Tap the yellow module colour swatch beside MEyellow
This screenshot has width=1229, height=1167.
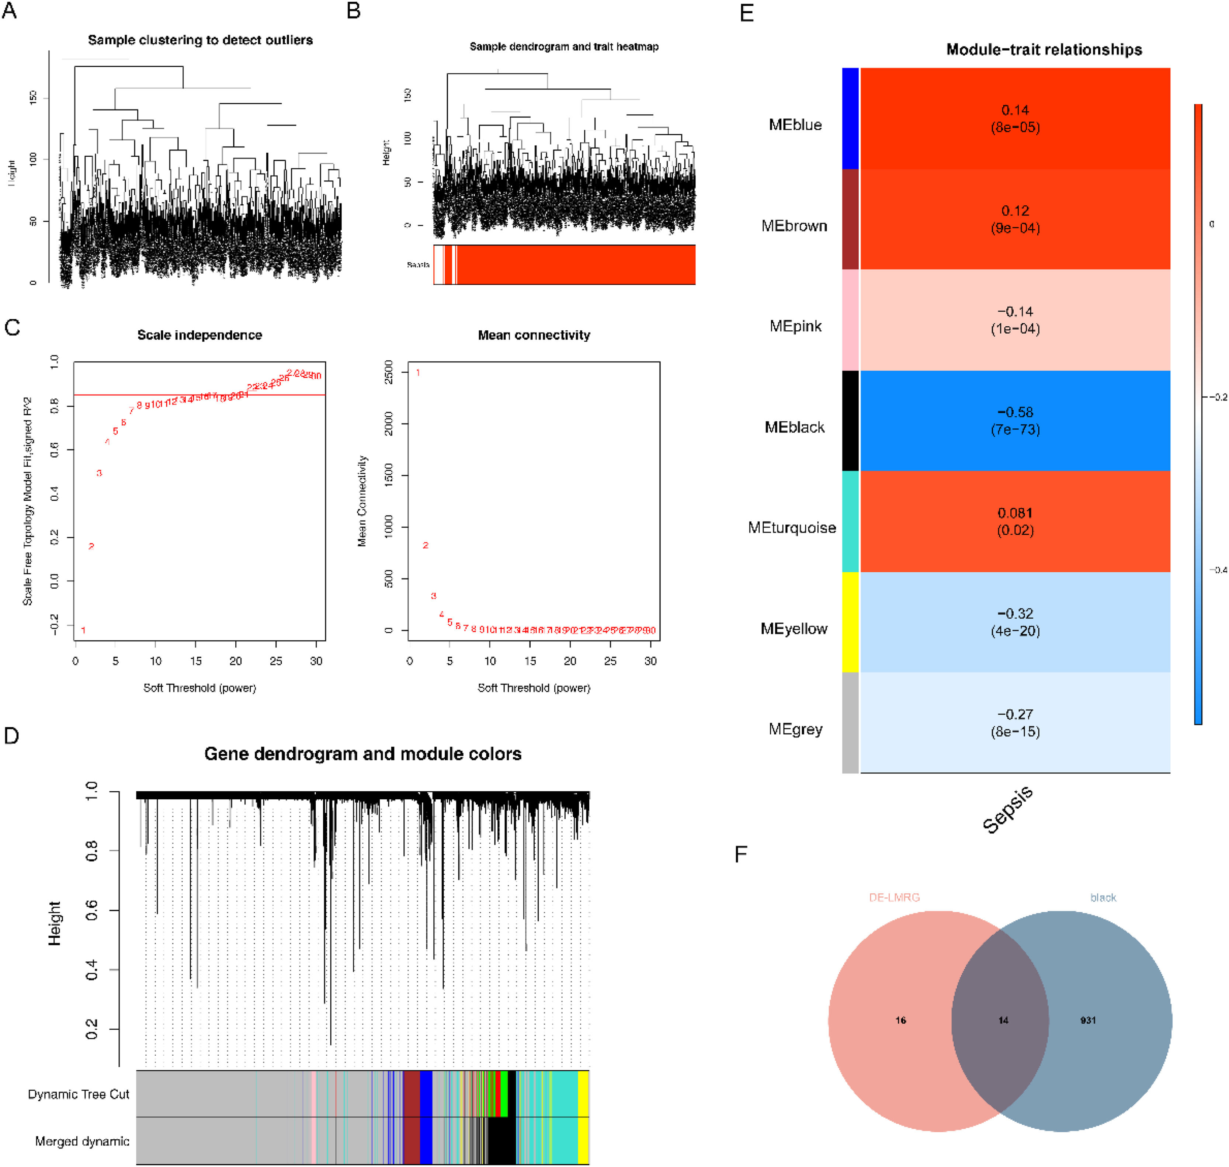(x=850, y=622)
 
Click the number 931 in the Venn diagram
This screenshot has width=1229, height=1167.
(x=1088, y=1020)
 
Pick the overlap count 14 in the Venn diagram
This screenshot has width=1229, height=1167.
(x=1003, y=1020)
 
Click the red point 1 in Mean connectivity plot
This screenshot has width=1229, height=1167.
(x=418, y=373)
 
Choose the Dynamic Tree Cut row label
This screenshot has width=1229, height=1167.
(x=79, y=1094)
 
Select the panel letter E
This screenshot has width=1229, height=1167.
(x=746, y=14)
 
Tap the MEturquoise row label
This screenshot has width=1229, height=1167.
(x=792, y=528)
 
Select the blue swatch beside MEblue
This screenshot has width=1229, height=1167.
(x=850, y=118)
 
